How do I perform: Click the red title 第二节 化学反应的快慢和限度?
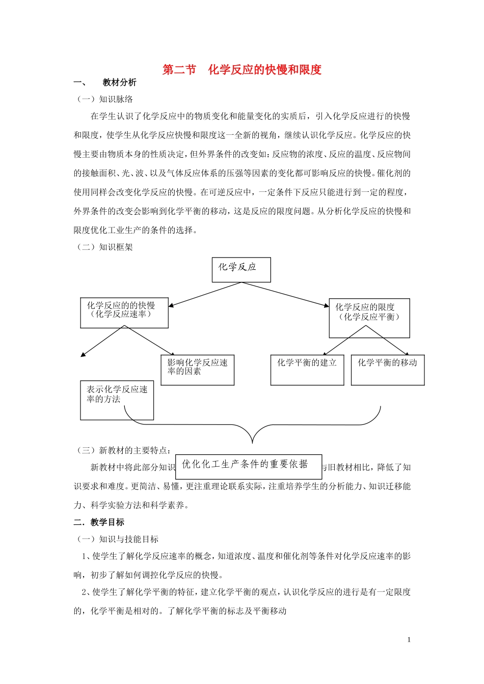tap(241, 70)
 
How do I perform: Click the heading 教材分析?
tap(119, 82)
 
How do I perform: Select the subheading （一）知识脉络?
tap(104, 99)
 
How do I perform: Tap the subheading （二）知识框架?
tap(104, 247)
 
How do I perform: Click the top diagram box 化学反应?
tap(241, 269)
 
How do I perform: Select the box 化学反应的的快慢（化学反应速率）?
tap(124, 312)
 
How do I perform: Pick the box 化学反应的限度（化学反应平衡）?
tap(369, 318)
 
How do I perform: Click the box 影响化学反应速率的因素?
tap(197, 370)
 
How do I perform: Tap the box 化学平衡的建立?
tap(307, 369)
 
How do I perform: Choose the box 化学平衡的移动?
tap(387, 369)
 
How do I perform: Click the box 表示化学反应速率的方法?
tap(117, 400)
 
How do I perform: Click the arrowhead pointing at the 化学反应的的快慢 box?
tap(171, 306)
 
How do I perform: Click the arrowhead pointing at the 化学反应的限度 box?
tap(327, 305)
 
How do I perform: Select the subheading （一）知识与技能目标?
tap(117, 539)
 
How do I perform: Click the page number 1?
tap(409, 640)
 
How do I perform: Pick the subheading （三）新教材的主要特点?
tap(124, 450)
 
